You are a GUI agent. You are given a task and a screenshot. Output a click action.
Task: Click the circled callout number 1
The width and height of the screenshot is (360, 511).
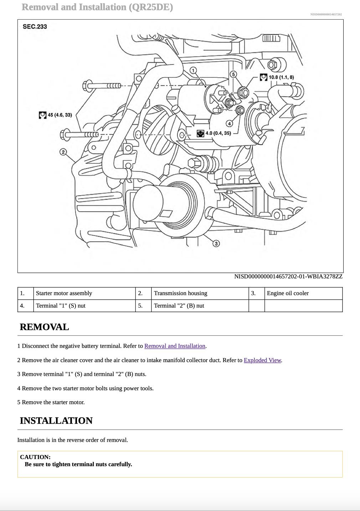coord(193,70)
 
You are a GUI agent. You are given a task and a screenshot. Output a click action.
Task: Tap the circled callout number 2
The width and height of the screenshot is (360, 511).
coord(63,152)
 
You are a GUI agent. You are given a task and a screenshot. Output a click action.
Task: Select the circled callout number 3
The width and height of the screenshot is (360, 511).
coord(216,243)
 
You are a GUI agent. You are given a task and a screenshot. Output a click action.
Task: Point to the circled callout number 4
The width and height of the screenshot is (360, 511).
coord(229,123)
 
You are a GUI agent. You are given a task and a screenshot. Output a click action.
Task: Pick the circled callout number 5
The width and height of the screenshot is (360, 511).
coord(233,74)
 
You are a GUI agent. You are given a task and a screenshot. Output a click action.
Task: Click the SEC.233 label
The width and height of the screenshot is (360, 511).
coord(35,27)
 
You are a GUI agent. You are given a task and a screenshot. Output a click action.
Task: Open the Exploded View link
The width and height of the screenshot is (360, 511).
coord(262,360)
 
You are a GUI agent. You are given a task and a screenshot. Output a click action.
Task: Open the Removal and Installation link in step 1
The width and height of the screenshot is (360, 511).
coord(175,346)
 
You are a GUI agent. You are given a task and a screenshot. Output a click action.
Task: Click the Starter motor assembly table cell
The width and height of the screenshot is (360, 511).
coord(64,293)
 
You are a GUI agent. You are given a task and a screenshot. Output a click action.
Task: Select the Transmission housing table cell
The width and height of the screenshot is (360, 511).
coord(180,293)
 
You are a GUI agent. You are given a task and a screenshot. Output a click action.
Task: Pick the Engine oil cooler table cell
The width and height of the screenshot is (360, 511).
coord(288,293)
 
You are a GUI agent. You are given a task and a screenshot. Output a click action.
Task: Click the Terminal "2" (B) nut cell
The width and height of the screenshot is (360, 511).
coord(179,306)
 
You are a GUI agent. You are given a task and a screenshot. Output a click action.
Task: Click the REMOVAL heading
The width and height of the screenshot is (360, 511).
coord(44,327)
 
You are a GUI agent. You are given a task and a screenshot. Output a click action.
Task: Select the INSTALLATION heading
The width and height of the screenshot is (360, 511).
coord(56,421)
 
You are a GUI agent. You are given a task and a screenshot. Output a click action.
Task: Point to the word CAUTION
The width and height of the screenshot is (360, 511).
coord(35,457)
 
